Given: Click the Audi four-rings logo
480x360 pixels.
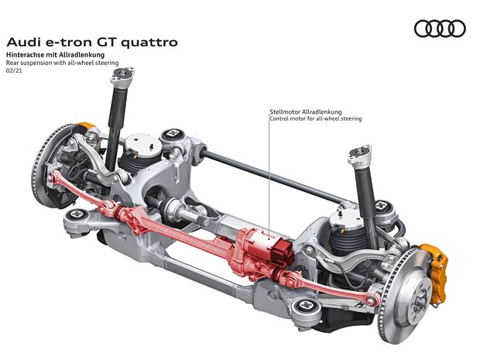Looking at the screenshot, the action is coord(440,29).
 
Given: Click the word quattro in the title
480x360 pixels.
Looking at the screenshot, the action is coord(149,43).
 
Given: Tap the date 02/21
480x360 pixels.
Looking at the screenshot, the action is coord(14,70).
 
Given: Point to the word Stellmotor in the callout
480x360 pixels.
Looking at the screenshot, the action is coord(285,111).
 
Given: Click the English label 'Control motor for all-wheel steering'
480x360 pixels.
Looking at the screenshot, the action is coord(316,118).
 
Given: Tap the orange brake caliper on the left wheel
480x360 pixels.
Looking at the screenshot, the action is coord(85,126).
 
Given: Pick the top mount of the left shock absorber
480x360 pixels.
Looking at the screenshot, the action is coord(122,76).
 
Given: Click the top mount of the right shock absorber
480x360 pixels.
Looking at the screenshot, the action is coord(361,155).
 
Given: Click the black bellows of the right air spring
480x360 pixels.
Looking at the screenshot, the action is coord(345,242).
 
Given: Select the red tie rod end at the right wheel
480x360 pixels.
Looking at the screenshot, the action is coord(372,300).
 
